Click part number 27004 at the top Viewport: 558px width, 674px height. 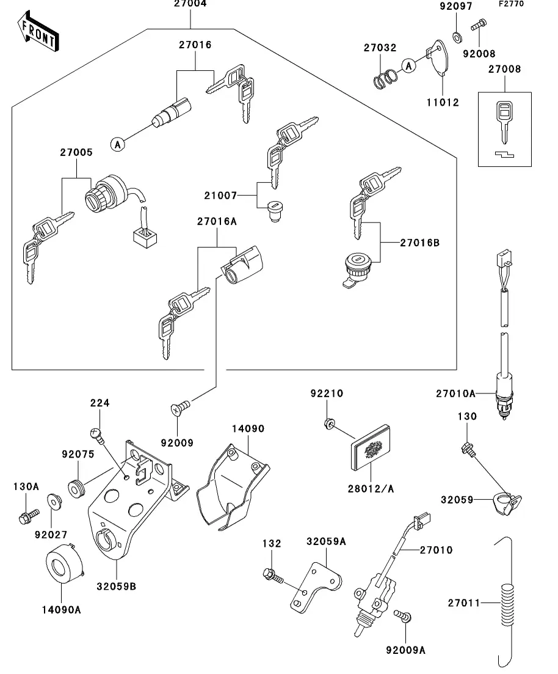click(x=190, y=4)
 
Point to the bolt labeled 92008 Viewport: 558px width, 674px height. click(x=478, y=25)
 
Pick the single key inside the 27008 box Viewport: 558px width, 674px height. click(x=504, y=119)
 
